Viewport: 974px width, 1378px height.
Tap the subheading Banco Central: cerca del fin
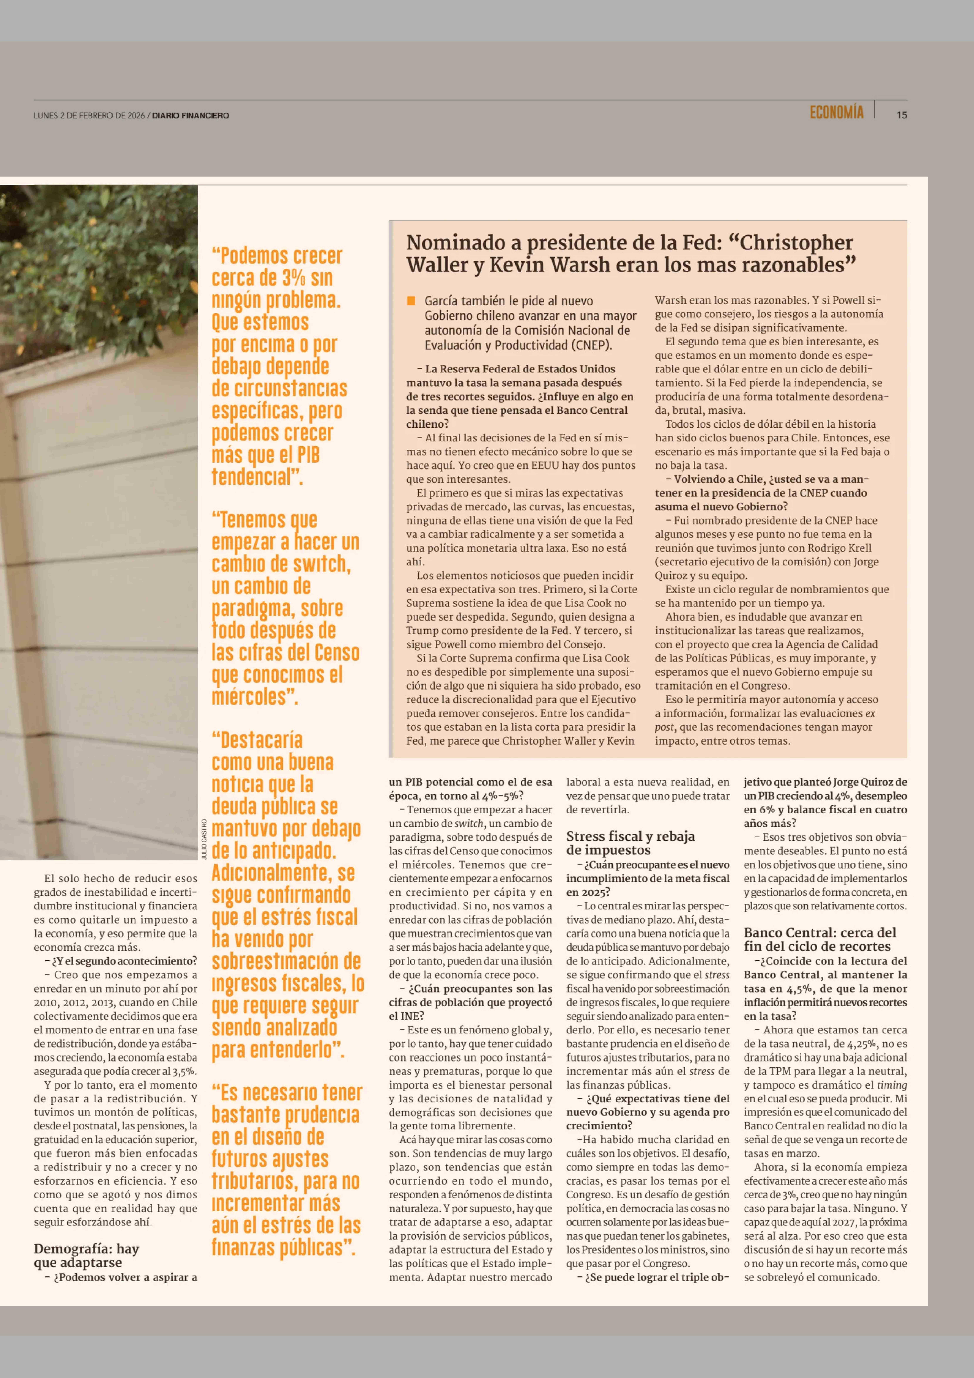click(x=820, y=939)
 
